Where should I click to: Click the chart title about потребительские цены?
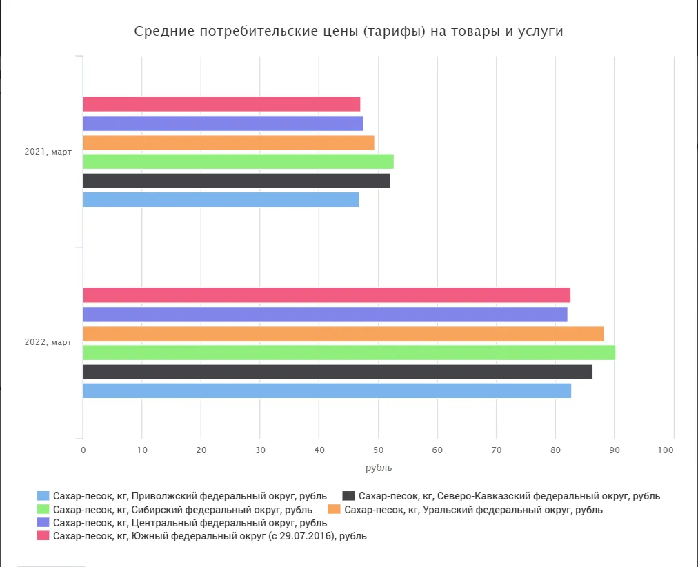[x=348, y=32]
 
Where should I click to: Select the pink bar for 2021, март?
[x=221, y=104]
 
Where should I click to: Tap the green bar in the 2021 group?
[x=238, y=161]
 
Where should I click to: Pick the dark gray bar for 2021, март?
[x=236, y=181]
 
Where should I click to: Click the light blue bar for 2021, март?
[x=221, y=199]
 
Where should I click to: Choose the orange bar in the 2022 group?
[x=343, y=334]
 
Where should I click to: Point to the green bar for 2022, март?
[x=349, y=352]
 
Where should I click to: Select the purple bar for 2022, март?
[x=325, y=315]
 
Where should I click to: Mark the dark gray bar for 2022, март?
[x=337, y=372]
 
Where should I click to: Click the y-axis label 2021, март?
[x=48, y=152]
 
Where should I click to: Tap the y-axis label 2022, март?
[x=48, y=343]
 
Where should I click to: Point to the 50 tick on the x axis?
[x=378, y=450]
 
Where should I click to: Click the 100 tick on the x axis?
[x=666, y=450]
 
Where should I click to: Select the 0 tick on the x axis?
[x=83, y=450]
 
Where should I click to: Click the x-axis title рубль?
[x=378, y=468]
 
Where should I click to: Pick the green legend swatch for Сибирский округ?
[x=43, y=510]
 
